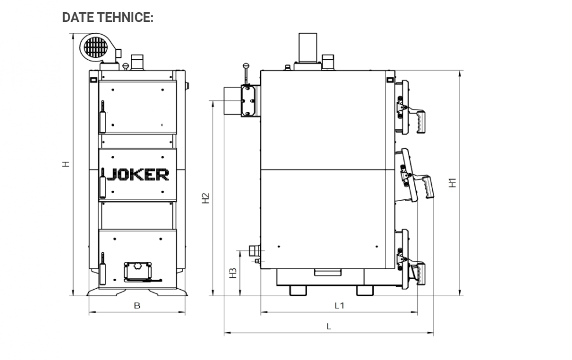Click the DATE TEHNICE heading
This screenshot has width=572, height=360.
[108, 17]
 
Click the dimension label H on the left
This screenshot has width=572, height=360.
[65, 164]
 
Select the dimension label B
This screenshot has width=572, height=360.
[137, 306]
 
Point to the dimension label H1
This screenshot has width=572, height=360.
[453, 183]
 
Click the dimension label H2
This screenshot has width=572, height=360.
[206, 198]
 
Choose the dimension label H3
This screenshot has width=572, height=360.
[233, 273]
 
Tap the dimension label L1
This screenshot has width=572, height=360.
[339, 306]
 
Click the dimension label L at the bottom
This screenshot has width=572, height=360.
[329, 326]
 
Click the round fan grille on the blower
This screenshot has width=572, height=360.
[96, 48]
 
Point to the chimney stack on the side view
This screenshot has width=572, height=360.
[308, 48]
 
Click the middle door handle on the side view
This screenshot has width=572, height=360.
[426, 187]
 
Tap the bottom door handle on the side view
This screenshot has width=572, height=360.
[418, 274]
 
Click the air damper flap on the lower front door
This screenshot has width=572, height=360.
[139, 271]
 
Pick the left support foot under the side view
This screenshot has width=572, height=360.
[298, 290]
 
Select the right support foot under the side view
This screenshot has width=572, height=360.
[365, 290]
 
